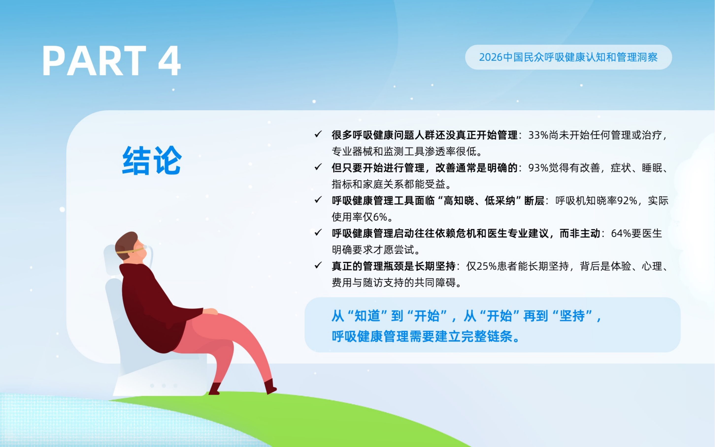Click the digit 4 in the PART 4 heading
tap(169, 61)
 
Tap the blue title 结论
tap(152, 160)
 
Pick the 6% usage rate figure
tap(380, 217)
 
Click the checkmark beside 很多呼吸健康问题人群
tap(318, 135)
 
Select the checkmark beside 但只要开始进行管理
tap(318, 167)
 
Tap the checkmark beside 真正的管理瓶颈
tap(318, 265)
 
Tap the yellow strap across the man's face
tap(130, 251)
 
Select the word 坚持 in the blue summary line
tap(572, 316)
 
